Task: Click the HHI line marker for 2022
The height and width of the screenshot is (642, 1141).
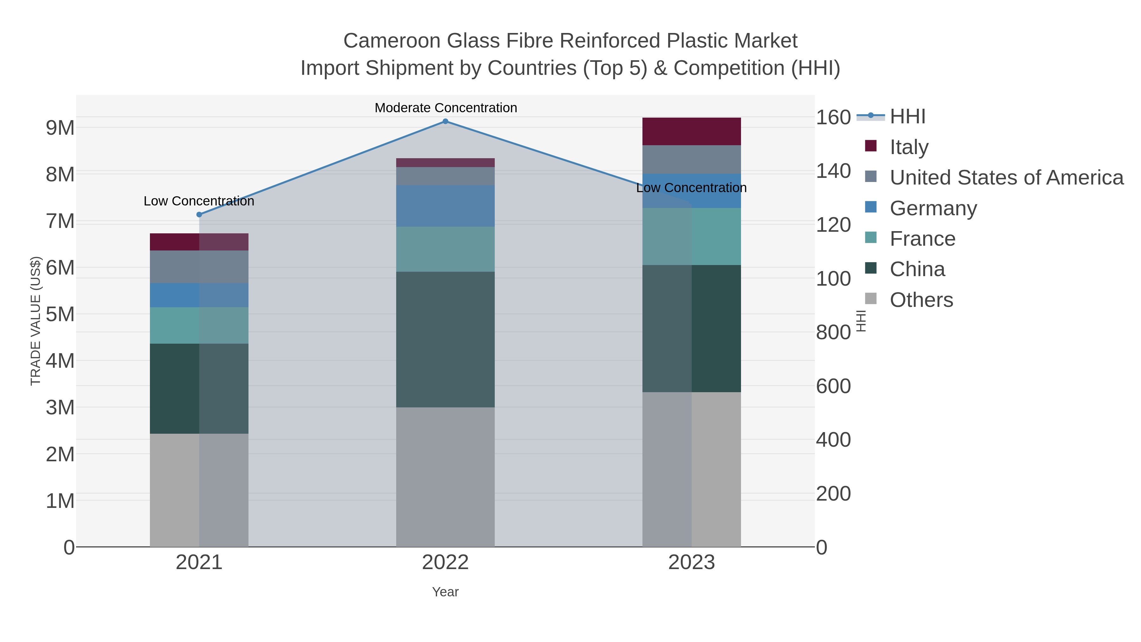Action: coord(445,121)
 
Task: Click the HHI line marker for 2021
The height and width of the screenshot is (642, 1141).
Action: coord(199,214)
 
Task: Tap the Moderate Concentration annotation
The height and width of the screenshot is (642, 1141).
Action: coord(446,108)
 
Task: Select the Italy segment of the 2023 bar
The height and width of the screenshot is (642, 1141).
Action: coord(692,132)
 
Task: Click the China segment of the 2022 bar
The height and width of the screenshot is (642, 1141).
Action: coord(445,339)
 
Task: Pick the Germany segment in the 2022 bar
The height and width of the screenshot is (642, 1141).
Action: coord(445,206)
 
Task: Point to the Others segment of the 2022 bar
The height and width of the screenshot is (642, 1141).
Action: coord(445,477)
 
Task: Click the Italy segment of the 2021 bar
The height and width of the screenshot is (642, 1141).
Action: coord(199,242)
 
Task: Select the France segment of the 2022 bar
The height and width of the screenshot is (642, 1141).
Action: coord(445,249)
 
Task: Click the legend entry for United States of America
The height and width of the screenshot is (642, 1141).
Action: coord(1006,178)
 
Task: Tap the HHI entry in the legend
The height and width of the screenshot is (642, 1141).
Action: coord(908,117)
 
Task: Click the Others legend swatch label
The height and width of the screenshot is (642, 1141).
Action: coord(921,300)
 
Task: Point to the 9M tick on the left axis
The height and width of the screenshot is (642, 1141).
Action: coord(60,128)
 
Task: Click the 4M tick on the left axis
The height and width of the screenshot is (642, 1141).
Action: coord(60,361)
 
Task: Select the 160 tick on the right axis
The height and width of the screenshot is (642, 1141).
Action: coord(833,117)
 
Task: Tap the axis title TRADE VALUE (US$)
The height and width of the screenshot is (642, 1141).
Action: coord(35,321)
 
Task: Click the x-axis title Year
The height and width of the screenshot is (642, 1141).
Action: coord(445,592)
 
